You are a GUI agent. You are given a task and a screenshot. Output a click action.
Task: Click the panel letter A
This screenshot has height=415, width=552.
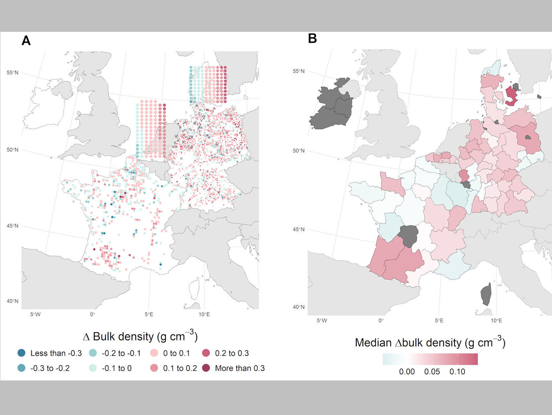click(x=26, y=41)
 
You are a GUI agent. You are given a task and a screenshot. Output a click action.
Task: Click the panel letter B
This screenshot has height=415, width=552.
click(x=312, y=39)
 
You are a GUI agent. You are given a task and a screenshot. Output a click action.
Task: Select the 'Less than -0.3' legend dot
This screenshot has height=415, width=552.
click(x=21, y=353)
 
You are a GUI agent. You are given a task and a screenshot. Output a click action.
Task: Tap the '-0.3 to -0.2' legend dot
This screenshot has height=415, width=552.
click(x=21, y=368)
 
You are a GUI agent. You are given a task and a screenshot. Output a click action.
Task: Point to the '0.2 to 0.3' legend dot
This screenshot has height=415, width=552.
click(x=206, y=353)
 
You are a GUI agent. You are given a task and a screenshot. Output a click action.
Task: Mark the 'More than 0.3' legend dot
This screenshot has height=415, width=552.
click(x=206, y=368)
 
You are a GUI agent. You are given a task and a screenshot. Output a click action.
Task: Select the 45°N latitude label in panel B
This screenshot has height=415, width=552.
click(x=299, y=230)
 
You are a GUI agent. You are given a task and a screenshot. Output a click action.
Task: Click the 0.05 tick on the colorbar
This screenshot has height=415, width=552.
click(x=432, y=372)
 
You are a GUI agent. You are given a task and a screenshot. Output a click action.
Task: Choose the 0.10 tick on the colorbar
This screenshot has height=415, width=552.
click(x=457, y=372)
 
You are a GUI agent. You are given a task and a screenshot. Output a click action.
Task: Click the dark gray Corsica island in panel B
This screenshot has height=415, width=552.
click(x=486, y=294)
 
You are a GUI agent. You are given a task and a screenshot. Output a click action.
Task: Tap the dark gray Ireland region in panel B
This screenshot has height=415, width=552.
click(x=331, y=106)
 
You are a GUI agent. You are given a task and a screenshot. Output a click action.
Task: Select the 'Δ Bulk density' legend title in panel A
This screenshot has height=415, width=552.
click(x=140, y=336)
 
